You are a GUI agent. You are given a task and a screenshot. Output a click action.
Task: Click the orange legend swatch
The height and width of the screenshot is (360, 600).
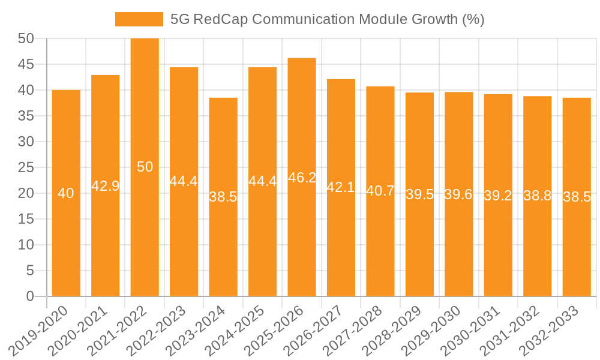tap(139, 19)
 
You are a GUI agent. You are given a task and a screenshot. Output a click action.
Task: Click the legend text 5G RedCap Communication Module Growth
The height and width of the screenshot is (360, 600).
tap(327, 19)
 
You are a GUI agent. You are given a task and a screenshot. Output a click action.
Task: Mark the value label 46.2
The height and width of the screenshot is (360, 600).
tap(302, 178)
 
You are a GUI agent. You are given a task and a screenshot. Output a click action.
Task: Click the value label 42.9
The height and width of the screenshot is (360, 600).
tap(106, 186)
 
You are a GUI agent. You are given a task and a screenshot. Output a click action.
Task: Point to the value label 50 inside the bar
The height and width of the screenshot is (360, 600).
tap(145, 167)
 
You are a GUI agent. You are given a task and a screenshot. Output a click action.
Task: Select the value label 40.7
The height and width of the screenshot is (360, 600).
tap(380, 191)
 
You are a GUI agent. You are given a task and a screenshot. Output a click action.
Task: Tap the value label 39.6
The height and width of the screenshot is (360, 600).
tap(458, 194)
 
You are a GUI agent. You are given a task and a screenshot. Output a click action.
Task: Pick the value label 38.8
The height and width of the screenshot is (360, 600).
tap(537, 196)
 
